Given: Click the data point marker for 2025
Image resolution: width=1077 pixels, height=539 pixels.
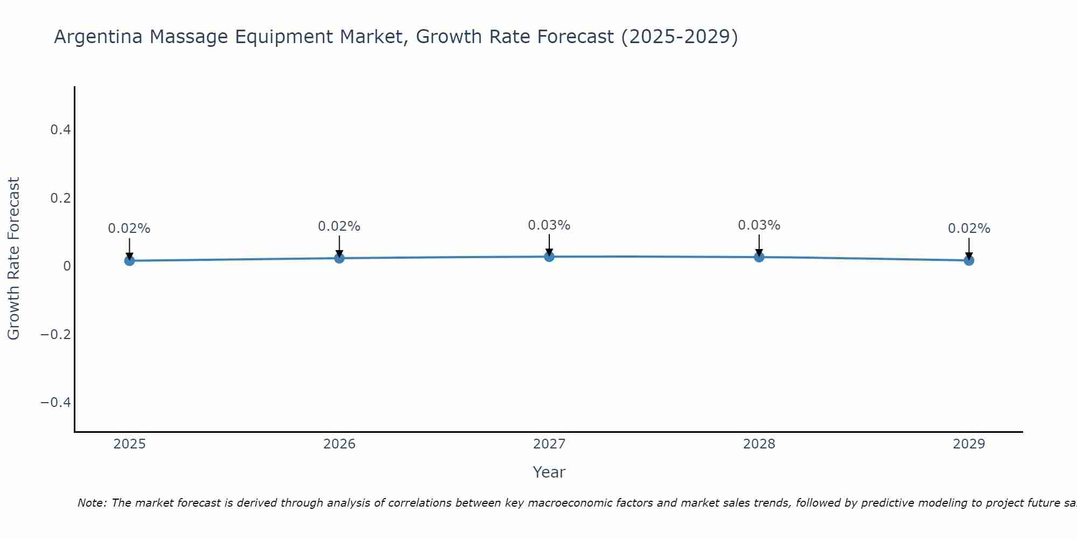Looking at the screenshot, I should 129,261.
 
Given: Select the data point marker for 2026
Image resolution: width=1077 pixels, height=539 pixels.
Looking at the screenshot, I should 339,258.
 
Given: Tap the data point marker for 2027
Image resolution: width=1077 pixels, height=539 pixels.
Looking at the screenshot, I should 549,257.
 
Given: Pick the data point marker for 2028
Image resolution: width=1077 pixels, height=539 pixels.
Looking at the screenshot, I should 759,257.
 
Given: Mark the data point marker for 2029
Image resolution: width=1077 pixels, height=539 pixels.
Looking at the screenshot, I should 969,260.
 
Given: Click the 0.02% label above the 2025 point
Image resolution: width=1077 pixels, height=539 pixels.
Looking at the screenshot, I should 129,229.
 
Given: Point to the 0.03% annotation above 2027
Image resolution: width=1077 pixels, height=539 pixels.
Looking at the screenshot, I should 549,225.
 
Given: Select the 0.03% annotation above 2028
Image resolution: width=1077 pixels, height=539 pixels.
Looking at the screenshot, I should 759,225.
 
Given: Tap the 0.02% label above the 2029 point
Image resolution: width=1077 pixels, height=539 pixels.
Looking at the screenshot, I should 969,229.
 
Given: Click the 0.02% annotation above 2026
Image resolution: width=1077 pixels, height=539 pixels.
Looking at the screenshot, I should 339,226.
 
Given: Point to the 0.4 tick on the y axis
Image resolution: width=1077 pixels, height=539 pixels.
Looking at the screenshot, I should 60,130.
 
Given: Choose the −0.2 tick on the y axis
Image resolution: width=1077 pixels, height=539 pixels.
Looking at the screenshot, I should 55,334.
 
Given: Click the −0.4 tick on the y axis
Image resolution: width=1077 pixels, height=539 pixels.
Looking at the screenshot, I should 55,403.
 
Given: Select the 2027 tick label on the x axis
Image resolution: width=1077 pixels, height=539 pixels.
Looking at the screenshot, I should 549,444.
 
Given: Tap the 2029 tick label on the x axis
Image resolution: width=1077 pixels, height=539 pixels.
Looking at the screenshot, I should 969,444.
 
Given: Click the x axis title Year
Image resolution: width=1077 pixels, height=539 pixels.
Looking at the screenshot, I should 549,472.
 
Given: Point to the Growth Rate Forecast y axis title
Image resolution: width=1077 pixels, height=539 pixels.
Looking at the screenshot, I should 13,259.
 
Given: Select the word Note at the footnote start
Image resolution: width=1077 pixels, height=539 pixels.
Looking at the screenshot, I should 92,503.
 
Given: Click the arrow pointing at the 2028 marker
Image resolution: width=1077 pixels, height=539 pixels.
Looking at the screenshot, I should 759,245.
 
